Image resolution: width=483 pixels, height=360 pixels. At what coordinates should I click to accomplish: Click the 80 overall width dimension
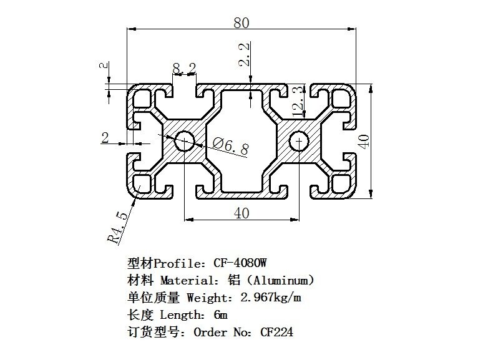point(241,22)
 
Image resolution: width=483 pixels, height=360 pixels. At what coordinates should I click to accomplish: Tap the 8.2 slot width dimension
point(185,67)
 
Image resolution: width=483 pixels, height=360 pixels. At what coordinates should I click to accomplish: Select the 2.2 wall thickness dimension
point(244,54)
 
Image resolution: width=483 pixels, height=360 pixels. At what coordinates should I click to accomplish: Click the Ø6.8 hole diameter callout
point(230,148)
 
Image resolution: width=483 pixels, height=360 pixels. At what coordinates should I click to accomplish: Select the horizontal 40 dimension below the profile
point(241,213)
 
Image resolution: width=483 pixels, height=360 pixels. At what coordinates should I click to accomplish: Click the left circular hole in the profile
point(185,141)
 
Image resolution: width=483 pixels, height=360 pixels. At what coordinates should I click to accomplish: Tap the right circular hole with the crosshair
point(300,141)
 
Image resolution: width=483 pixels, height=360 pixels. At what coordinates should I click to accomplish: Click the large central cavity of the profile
point(242,141)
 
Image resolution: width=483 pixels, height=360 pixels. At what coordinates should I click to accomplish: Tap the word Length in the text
point(180,314)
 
